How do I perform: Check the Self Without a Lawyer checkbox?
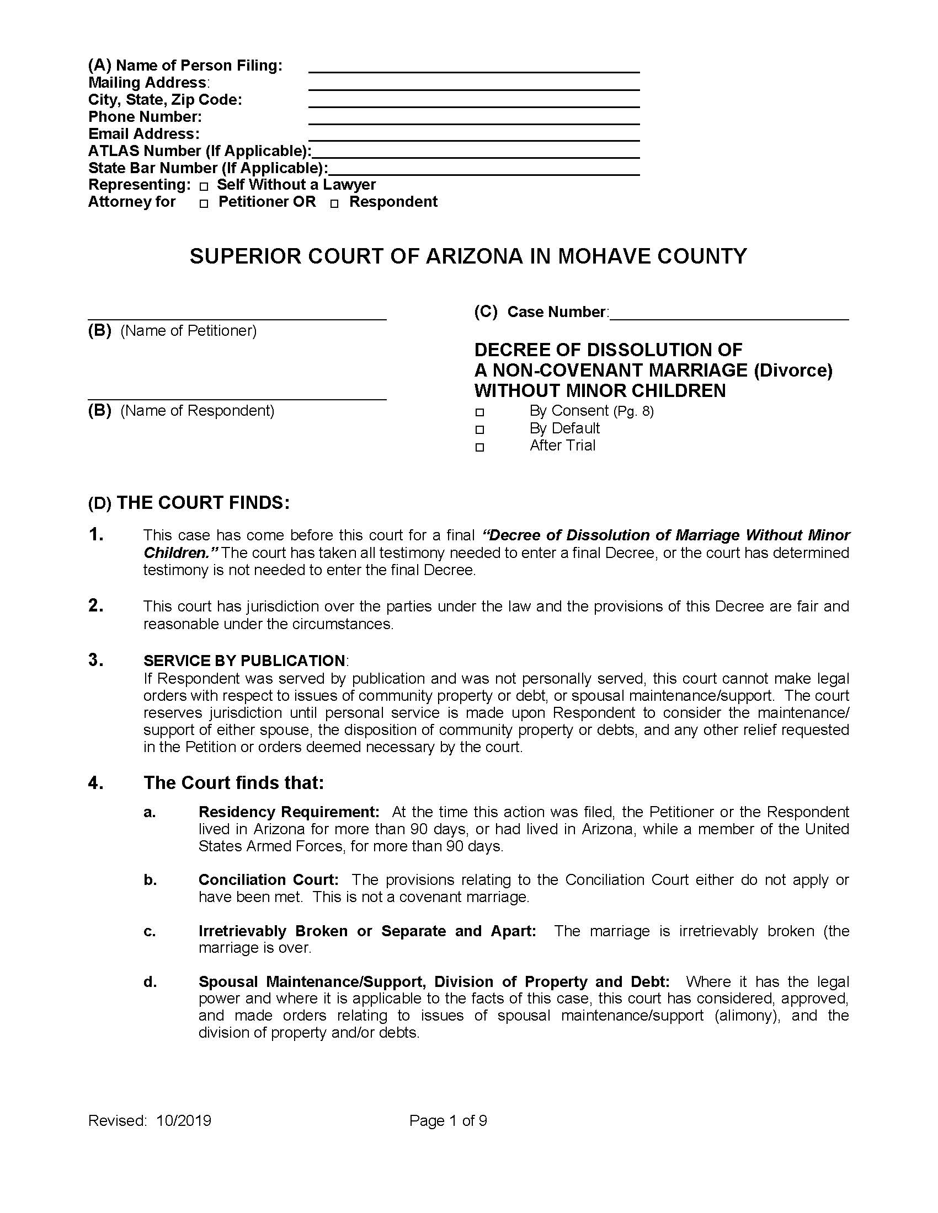204,187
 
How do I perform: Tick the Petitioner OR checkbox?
204,205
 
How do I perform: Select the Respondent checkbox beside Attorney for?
334,205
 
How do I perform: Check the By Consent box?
480,412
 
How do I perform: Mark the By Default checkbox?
480,430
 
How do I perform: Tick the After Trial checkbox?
480,448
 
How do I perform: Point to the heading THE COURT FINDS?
203,503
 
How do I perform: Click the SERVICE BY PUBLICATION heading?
244,661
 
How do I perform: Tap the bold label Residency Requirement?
289,812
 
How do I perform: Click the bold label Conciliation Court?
268,880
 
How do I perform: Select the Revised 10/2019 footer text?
150,1121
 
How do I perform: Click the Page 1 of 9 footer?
448,1121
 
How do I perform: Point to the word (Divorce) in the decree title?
793,371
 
